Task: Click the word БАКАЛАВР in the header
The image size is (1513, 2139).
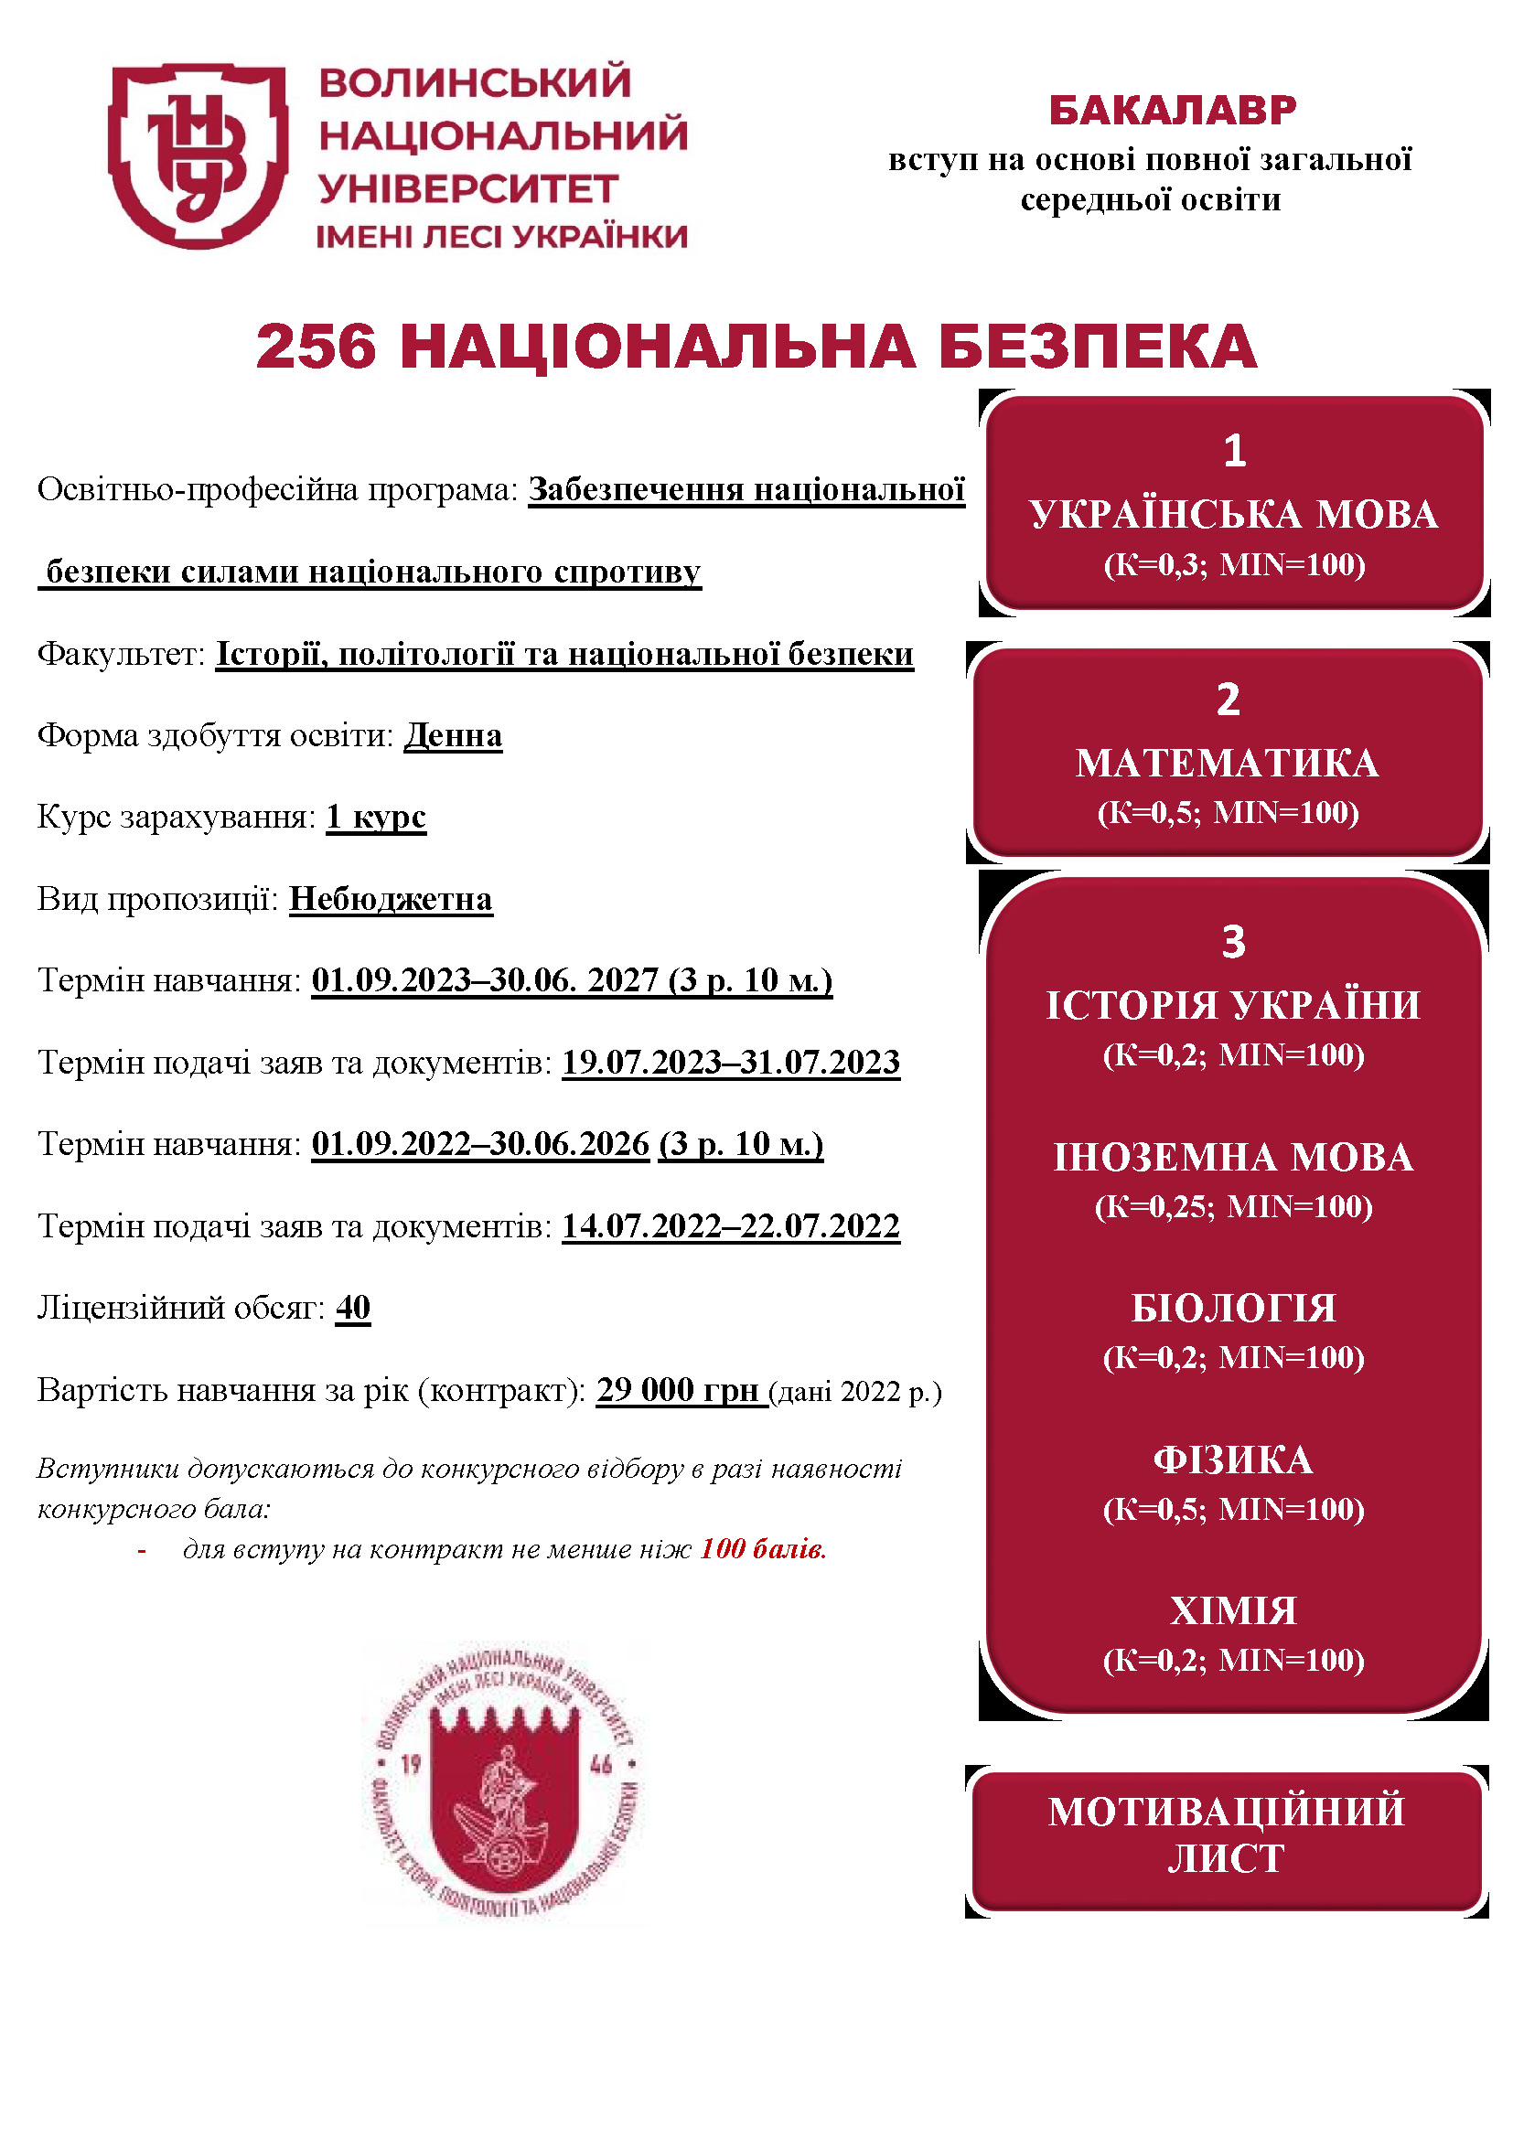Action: (1172, 111)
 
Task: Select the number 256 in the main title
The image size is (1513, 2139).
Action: (316, 347)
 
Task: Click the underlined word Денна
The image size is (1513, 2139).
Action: (453, 735)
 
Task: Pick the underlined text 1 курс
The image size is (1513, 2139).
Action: (375, 816)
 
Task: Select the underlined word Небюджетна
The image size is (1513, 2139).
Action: (391, 899)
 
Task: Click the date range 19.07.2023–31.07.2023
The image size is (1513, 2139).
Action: (730, 1062)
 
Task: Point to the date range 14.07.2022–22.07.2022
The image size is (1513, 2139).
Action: (730, 1226)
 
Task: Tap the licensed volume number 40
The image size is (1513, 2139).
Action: (353, 1308)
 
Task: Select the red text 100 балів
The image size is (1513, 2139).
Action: (763, 1549)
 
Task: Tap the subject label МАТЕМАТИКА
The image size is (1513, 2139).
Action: (1227, 763)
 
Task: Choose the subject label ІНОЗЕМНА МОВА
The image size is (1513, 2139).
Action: (1233, 1157)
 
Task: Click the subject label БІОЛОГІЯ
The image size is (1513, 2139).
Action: (1233, 1308)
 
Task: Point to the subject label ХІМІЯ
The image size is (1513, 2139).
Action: (1233, 1610)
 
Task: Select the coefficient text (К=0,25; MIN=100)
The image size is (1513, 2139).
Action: (1233, 1206)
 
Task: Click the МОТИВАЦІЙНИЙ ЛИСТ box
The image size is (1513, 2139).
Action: (1227, 1835)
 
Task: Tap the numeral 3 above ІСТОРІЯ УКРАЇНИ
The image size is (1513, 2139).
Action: (1233, 942)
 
